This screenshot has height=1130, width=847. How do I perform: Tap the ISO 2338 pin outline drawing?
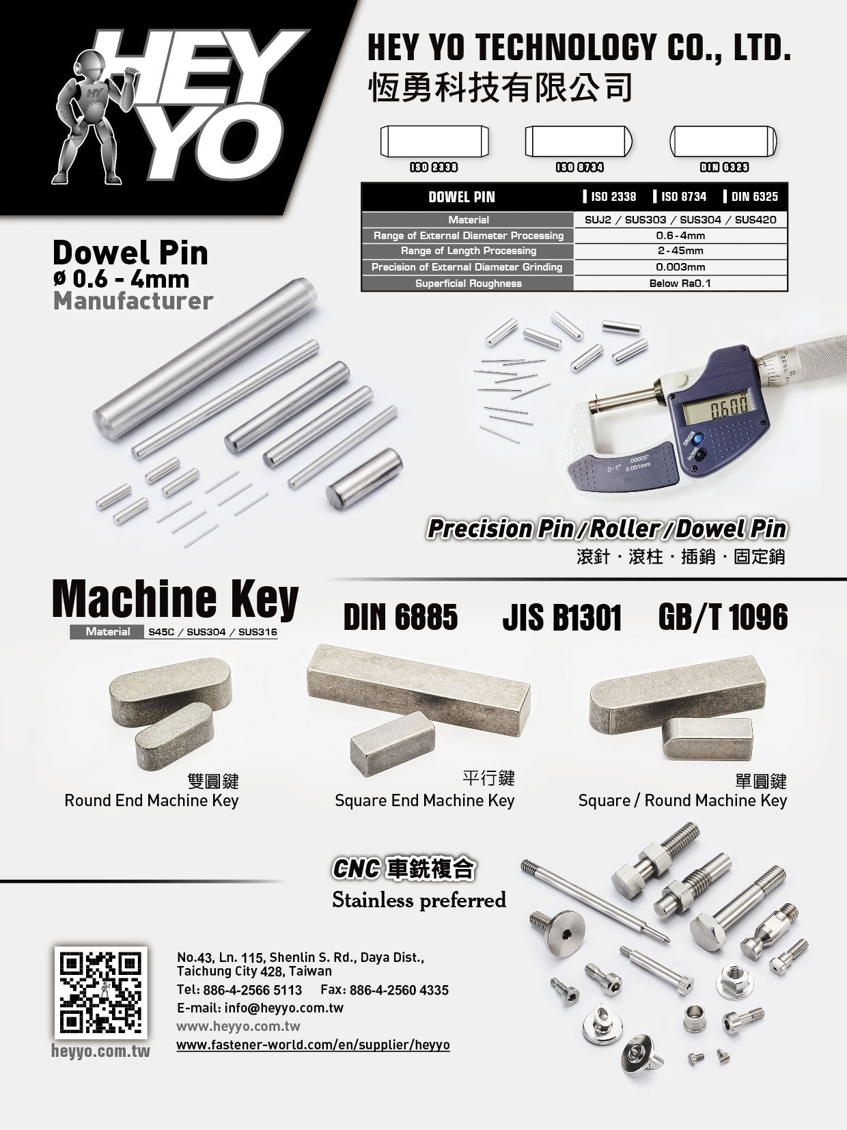(434, 141)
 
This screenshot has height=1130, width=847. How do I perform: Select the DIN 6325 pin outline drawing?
(723, 141)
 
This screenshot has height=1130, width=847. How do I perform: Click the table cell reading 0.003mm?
(680, 267)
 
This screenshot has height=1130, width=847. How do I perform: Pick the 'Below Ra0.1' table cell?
(680, 283)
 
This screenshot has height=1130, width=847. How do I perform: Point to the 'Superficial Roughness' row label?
(469, 283)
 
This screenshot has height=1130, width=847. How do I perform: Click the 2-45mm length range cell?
(680, 251)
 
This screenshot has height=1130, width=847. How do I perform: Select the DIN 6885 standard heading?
(400, 617)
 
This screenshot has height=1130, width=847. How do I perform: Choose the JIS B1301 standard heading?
(562, 617)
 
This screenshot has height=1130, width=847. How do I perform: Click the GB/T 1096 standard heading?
(723, 617)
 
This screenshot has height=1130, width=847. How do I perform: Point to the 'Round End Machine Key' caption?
(151, 801)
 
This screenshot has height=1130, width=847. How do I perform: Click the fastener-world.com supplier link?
(313, 1045)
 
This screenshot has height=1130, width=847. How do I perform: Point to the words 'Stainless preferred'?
(419, 900)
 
